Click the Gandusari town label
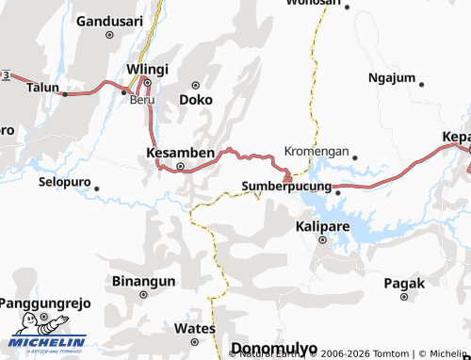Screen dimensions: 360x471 click(108, 20)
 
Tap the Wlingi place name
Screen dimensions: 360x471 click(147, 69)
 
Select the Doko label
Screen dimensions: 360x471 click(195, 98)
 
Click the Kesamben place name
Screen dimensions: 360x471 click(181, 152)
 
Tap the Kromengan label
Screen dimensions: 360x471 click(317, 151)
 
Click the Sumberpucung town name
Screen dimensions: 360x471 click(286, 187)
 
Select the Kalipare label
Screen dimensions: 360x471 click(322, 227)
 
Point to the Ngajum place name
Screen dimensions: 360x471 click(391, 77)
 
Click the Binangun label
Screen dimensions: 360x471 click(144, 281)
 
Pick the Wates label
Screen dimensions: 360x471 click(195, 328)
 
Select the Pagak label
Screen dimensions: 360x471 click(404, 283)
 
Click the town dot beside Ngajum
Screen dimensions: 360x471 click(421, 85)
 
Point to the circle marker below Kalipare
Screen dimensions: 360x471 click(322, 240)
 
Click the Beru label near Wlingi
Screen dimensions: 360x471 click(142, 99)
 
